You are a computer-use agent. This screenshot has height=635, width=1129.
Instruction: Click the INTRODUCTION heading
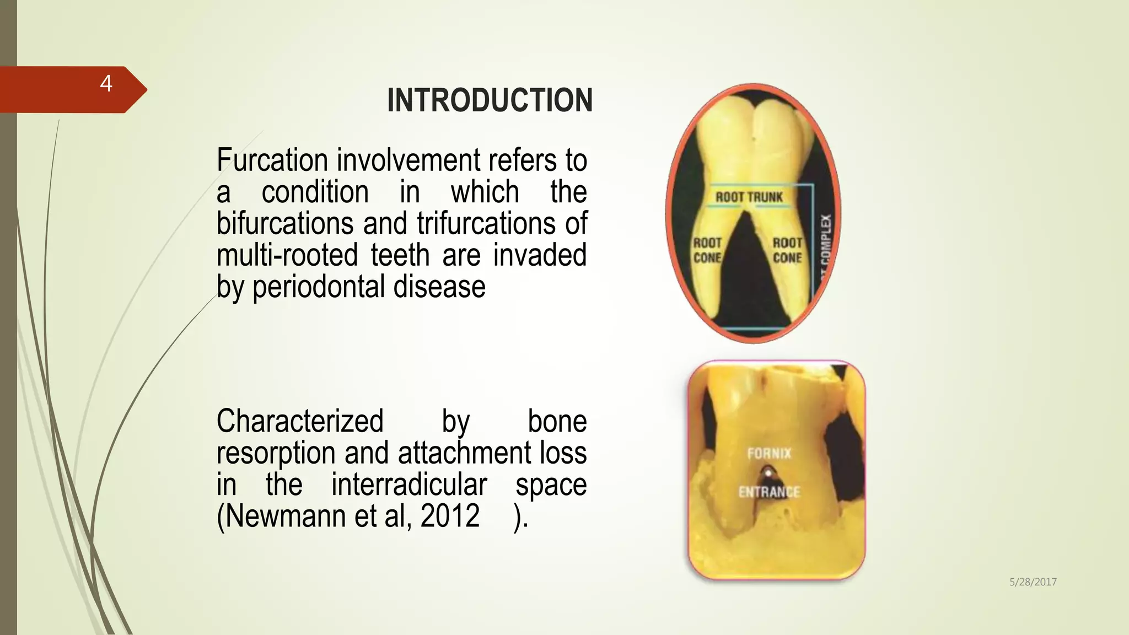pos(490,100)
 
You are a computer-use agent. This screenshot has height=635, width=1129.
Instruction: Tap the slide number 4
pos(106,84)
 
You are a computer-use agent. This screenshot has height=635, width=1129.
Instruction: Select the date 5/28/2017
pos(1033,582)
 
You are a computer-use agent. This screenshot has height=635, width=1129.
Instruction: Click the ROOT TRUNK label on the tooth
pos(749,197)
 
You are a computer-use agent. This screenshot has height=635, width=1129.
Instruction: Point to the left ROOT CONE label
pos(707,250)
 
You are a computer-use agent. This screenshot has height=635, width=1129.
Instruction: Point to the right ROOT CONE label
pos(787,250)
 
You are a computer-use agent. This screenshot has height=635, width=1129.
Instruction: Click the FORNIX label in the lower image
pos(769,454)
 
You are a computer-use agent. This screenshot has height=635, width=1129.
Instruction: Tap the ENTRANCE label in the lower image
pos(769,492)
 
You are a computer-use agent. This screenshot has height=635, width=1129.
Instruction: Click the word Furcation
pos(272,160)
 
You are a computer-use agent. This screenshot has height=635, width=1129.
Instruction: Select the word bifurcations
pos(285,224)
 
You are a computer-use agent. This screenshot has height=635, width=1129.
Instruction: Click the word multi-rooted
pos(287,255)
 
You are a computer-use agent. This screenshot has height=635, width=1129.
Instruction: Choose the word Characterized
pos(300,421)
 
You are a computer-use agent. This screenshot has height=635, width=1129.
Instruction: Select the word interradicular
pos(409,485)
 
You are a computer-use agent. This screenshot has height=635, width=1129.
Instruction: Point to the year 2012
pos(450,516)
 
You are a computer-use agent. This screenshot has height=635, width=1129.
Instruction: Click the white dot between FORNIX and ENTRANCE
pos(768,473)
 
